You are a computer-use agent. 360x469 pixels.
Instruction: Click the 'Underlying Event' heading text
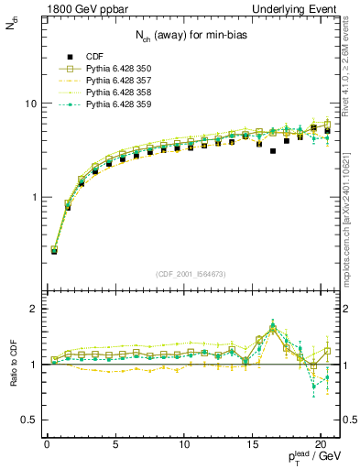pyautogui.click(x=298, y=8)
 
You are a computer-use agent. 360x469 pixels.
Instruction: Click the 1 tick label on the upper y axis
pyautogui.click(x=33, y=197)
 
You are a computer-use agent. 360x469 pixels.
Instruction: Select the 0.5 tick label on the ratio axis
pyautogui.click(x=28, y=420)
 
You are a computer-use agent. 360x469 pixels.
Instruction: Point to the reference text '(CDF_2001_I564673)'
pyautogui.click(x=193, y=275)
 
